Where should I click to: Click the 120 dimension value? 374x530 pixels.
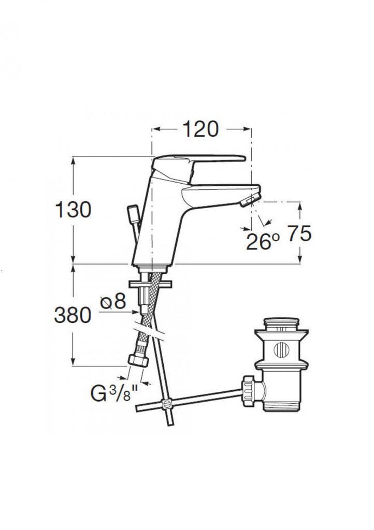pos(200,129)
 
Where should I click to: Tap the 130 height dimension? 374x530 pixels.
pos(73,210)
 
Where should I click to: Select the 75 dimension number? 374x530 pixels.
pos(299,233)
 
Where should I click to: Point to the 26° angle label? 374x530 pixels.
pos(263,241)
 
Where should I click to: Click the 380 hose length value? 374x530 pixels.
pos(73,315)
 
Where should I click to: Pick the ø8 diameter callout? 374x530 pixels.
pos(113,301)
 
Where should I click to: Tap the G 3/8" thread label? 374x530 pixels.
pos(114,393)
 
